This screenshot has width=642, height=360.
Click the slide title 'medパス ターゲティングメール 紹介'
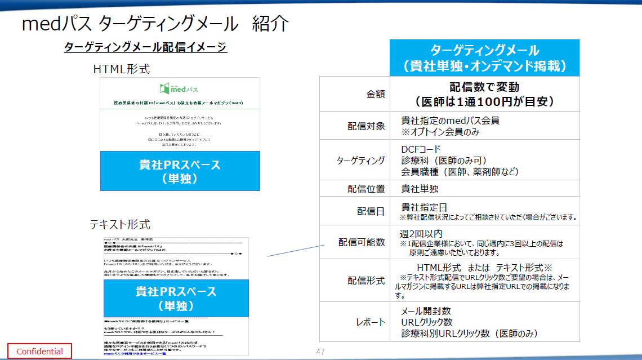(155, 24)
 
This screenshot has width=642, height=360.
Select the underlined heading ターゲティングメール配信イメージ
(145, 47)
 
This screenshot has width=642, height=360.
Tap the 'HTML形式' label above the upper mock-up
(122, 69)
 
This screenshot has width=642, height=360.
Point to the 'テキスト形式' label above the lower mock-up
(120, 224)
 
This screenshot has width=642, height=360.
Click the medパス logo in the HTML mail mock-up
(180, 89)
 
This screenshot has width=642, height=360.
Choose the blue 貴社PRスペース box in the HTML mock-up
(180, 171)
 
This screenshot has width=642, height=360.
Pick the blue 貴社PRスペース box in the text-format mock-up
(176, 299)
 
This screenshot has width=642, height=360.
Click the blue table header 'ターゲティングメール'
(484, 57)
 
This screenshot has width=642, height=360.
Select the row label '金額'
(376, 94)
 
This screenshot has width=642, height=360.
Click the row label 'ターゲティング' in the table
(360, 160)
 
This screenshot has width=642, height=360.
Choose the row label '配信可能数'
(362, 242)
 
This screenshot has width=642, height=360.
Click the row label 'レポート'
(370, 322)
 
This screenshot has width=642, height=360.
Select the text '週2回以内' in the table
(421, 233)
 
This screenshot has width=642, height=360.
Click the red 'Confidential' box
(39, 352)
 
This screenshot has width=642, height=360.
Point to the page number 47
(321, 352)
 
